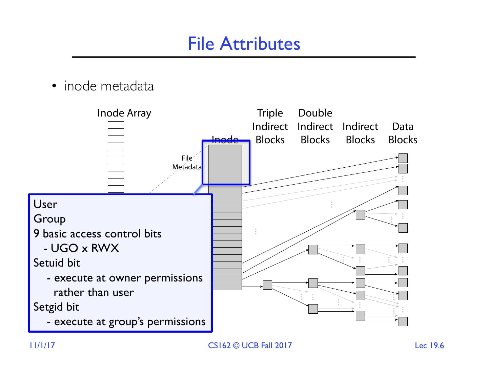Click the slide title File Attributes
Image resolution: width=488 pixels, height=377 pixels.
coord(244,44)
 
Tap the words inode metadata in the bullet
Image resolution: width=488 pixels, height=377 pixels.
coord(109,86)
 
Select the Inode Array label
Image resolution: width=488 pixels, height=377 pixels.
coord(124,113)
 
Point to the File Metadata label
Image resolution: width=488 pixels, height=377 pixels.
coord(187,163)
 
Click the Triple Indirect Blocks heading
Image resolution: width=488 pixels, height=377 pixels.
coord(270,126)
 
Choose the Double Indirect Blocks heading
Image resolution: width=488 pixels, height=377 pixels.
coord(315,126)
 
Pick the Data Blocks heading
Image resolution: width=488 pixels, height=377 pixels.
coord(403,133)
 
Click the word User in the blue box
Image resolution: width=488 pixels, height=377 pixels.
coord(45,204)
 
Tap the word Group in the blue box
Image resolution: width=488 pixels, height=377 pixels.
coord(49,219)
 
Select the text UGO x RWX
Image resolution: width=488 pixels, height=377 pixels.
coord(85,248)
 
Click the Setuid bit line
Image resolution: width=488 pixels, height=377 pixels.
coord(57,263)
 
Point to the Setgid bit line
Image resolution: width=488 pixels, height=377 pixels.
coord(56,307)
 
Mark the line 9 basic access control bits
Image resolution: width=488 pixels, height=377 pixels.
coord(97,234)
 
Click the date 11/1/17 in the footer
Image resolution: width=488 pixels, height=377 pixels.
coord(42,345)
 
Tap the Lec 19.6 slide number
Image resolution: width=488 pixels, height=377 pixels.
coord(429,345)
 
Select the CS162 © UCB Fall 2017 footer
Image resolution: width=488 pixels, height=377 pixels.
coord(250,345)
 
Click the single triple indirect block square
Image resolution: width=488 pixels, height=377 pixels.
coord(268,285)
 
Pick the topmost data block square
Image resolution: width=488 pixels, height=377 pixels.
coord(403,158)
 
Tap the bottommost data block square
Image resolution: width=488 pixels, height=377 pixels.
coord(403,321)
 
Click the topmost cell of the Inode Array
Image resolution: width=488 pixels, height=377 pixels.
coord(116,125)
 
